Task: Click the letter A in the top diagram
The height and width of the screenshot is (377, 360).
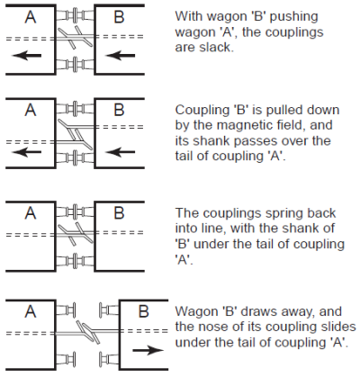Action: pyautogui.click(x=31, y=17)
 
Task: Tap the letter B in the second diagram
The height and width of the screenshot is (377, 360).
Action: pyautogui.click(x=119, y=110)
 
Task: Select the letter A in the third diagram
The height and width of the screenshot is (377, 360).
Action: pyautogui.click(x=31, y=213)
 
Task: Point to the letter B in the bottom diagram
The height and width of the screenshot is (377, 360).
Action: pyautogui.click(x=144, y=311)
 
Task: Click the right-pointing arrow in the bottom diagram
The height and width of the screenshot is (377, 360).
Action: pyautogui.click(x=148, y=350)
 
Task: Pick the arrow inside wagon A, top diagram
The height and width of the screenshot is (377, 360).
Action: pyautogui.click(x=26, y=56)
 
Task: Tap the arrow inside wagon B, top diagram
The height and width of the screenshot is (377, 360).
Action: pyautogui.click(x=121, y=56)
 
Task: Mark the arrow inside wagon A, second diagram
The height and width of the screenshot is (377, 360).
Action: pyautogui.click(x=26, y=152)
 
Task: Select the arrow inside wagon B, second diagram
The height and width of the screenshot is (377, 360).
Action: pyautogui.click(x=121, y=152)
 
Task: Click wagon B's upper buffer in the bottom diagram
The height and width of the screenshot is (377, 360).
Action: pyautogui.click(x=109, y=310)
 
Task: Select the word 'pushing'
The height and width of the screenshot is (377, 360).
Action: pyautogui.click(x=294, y=17)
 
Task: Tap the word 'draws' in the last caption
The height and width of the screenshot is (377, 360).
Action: pyautogui.click(x=257, y=311)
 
